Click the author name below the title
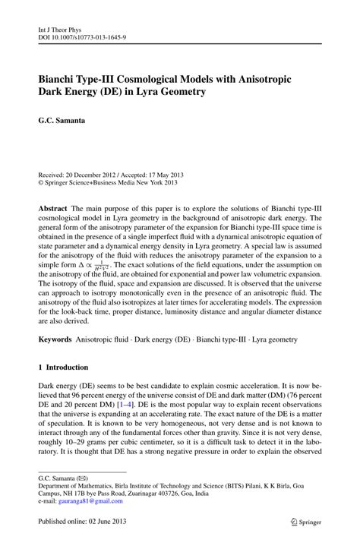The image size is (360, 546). pos(65,120)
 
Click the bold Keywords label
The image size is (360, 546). pos(57,339)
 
